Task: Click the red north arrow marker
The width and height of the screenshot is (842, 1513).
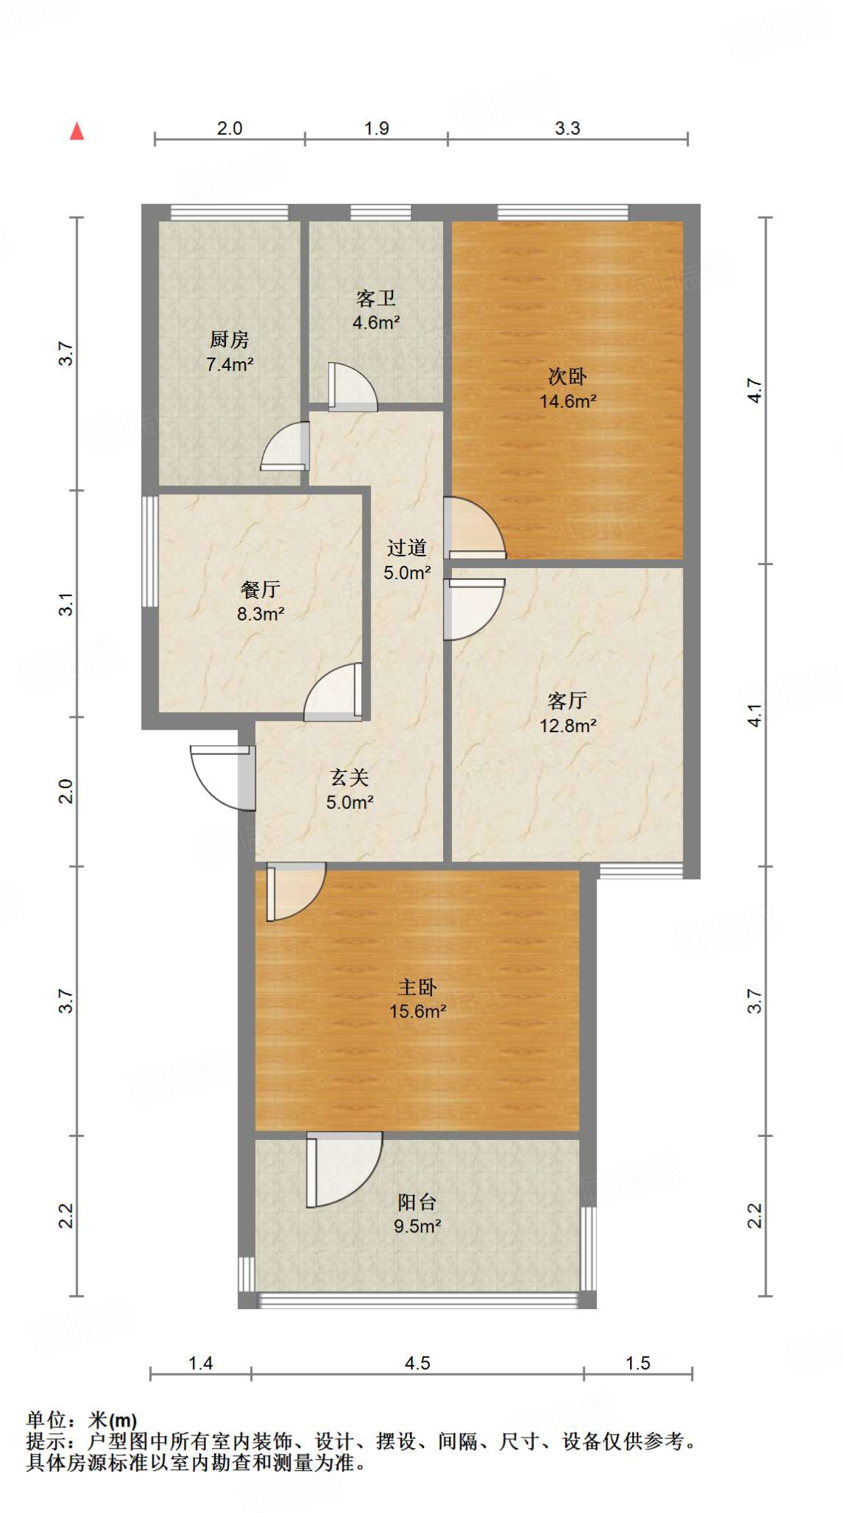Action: [77, 132]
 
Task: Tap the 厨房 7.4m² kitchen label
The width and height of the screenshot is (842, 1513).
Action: [230, 352]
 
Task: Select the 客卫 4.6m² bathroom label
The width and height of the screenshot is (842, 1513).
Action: [376, 310]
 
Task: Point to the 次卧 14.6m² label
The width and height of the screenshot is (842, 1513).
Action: [567, 389]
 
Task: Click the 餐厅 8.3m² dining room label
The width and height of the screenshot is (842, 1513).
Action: [260, 601]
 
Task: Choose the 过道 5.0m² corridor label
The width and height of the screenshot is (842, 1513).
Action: [407, 560]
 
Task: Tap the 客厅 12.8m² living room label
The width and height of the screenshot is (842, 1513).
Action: [567, 713]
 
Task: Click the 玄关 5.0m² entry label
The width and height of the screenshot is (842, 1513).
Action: [349, 790]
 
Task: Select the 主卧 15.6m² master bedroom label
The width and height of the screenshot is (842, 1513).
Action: [417, 999]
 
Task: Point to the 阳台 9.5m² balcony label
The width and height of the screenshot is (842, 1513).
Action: [417, 1214]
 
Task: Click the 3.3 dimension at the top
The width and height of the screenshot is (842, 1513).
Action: [567, 129]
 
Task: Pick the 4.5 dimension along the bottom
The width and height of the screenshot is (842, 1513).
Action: [417, 1363]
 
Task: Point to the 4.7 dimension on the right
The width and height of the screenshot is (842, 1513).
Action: [754, 390]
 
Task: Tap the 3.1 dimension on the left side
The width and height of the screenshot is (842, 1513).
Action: [66, 604]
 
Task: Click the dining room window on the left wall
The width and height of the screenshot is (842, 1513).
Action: [150, 551]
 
